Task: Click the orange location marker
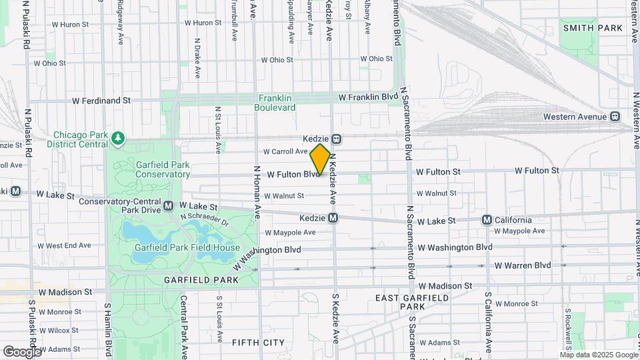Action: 320,159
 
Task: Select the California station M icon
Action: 487,220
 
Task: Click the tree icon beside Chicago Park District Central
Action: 118,138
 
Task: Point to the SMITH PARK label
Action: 593,28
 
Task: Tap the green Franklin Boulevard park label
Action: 277,102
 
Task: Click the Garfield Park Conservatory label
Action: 163,169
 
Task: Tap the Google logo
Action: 21,351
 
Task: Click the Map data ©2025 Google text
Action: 598,355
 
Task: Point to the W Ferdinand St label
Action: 101,101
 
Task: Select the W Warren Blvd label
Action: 523,265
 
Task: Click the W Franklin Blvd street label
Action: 368,97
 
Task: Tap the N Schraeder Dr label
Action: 205,219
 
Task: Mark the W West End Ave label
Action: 64,245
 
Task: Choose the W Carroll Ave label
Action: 285,151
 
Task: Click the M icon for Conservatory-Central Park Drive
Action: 169,205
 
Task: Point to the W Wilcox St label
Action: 59,330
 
